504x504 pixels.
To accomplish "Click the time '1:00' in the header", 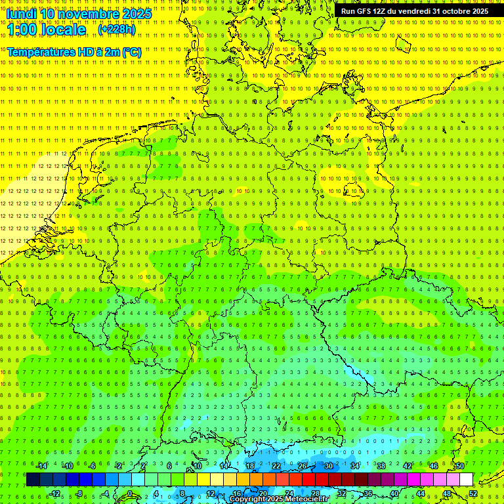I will pyautogui.click(x=24, y=30).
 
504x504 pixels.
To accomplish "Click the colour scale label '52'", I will pyautogui.click(x=474, y=493).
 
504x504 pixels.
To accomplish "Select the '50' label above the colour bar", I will pyautogui.click(x=460, y=466).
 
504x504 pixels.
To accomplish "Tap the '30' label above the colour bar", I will pyautogui.click(x=328, y=466).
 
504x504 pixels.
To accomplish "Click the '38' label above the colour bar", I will pyautogui.click(x=381, y=466).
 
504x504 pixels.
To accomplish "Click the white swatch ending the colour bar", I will pyautogui.click(x=466, y=480).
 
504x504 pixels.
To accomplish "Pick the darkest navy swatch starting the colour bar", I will pyautogui.click(x=33, y=480).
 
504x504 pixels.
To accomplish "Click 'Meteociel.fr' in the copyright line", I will pyautogui.click(x=306, y=499).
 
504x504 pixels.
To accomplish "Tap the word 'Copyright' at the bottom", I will pyautogui.click(x=247, y=499).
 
